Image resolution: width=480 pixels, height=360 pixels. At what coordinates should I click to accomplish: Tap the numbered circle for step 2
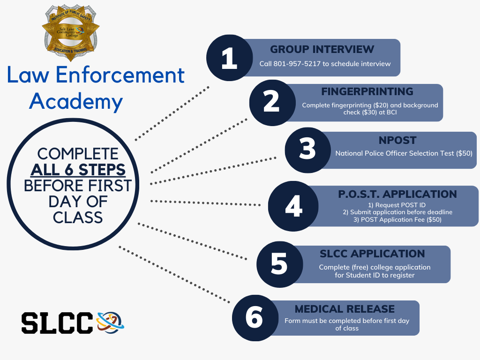pos(271,102)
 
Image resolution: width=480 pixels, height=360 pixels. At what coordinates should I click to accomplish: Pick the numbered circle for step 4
pos(293,206)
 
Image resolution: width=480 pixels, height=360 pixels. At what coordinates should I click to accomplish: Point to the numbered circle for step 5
pos(279,264)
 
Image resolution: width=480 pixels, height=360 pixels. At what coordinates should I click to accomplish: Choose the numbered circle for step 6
pos(255,317)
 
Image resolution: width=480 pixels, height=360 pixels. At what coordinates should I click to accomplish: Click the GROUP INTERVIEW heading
pos(322,49)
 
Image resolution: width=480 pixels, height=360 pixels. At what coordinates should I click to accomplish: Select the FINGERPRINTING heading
pos(367,91)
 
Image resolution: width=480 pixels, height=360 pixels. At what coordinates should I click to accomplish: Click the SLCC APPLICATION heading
pos(372,254)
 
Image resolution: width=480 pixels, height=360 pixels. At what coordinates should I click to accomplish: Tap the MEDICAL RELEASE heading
pos(345,309)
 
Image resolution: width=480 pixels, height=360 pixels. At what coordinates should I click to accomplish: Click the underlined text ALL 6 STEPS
pos(78,169)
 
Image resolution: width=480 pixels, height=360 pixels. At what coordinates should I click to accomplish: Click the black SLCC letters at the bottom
pos(56,322)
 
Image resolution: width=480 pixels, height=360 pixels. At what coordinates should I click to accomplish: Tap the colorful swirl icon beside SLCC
pos(109,322)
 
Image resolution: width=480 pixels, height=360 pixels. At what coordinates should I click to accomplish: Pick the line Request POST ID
pos(397,205)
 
